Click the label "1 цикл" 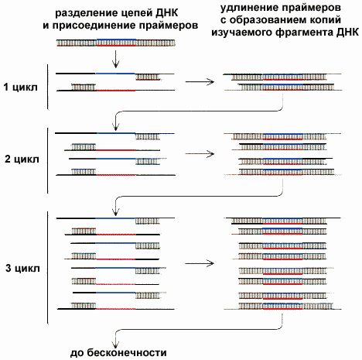(x=20, y=87)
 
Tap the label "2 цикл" (x=22, y=159)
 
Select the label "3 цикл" (x=22, y=269)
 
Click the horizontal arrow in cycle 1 (x=200, y=82)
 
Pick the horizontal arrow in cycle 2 (x=200, y=154)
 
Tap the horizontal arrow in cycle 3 (x=200, y=263)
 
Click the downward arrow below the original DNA (x=115, y=59)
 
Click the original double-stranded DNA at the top (x=116, y=43)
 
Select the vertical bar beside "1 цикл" (x=48, y=87)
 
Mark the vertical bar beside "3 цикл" (x=48, y=267)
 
